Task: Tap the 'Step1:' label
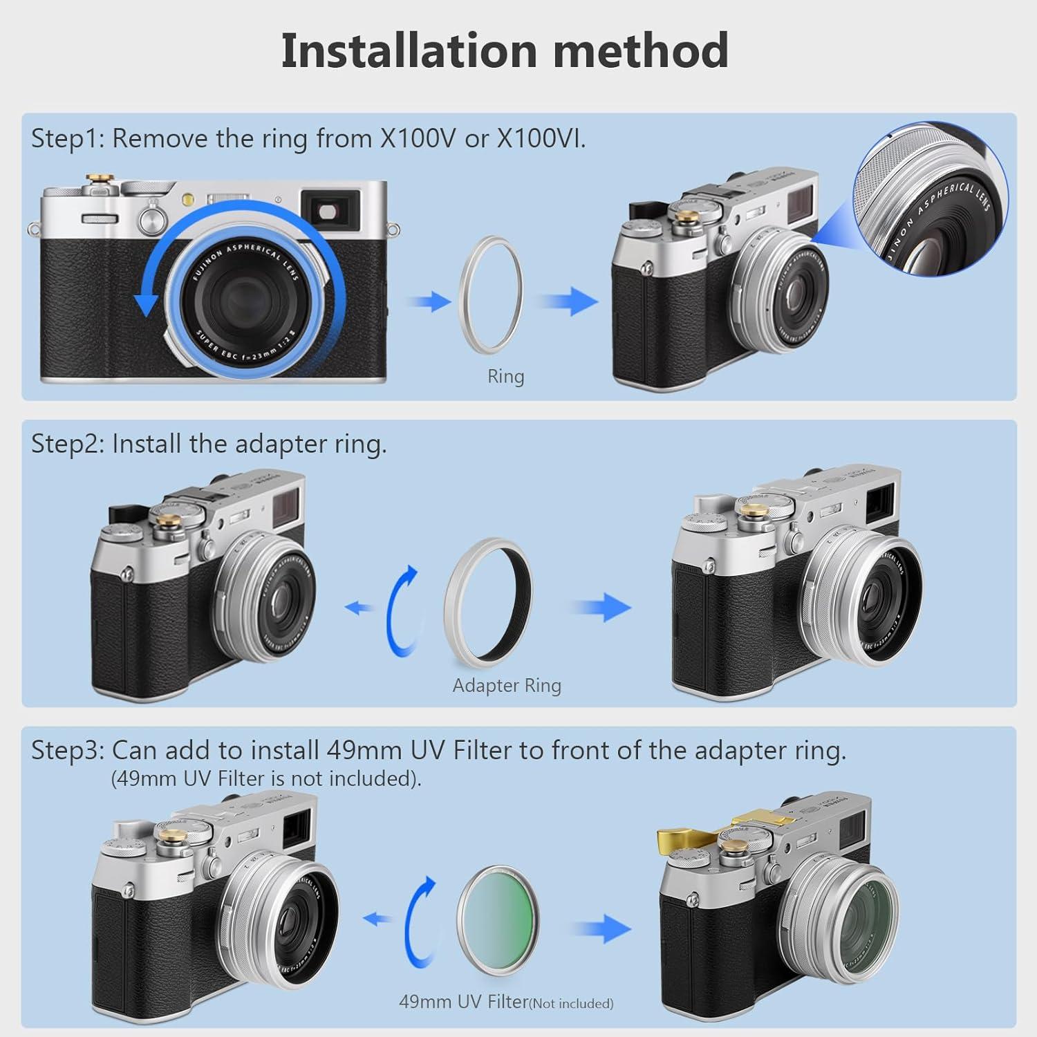67,139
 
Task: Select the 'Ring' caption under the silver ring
505,377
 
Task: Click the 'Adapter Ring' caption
507,685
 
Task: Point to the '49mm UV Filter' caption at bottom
463,1001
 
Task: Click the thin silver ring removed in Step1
491,283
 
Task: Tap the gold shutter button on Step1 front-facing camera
101,182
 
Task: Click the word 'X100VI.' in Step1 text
541,139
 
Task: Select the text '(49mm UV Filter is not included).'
266,778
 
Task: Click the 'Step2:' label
67,444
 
